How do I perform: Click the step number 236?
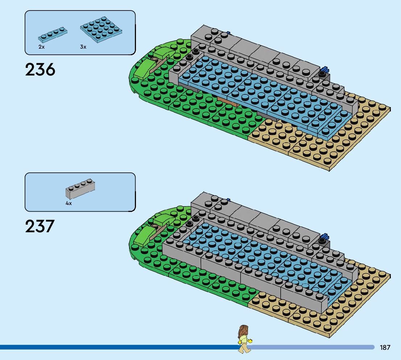pos(40,69)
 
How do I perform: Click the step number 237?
pos(40,226)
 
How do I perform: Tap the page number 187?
pos(385,348)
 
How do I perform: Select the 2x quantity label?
pos(42,47)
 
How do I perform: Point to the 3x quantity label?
pos(83,47)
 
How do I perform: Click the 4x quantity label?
pos(69,204)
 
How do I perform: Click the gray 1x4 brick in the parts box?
pos(80,189)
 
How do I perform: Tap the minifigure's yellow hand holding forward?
pos(250,341)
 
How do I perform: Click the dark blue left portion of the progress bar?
pos(109,347)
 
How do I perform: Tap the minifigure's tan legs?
pos(244,349)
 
